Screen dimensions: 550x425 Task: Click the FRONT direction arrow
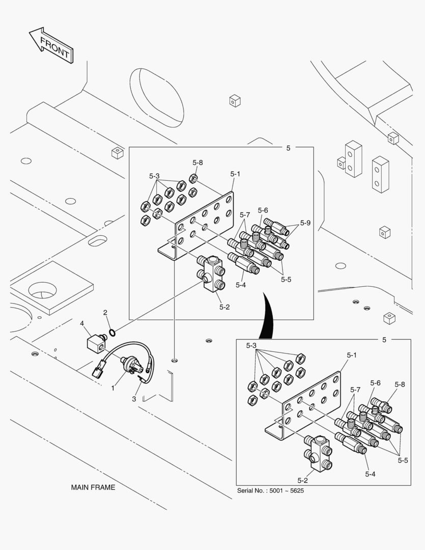(51, 45)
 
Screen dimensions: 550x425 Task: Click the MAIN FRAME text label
(93, 487)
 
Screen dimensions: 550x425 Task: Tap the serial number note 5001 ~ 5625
(271, 491)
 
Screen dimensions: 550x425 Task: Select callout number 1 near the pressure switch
(113, 388)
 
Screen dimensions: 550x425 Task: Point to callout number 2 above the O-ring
(105, 312)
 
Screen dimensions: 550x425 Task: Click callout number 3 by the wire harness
(134, 399)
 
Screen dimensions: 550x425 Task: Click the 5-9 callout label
(305, 223)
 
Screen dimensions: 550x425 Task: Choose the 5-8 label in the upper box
(197, 162)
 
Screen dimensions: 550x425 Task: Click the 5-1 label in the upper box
(235, 174)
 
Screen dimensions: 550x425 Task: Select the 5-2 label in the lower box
(302, 480)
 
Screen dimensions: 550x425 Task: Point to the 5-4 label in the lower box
(370, 474)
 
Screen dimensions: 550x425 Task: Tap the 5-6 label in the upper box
(263, 210)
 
